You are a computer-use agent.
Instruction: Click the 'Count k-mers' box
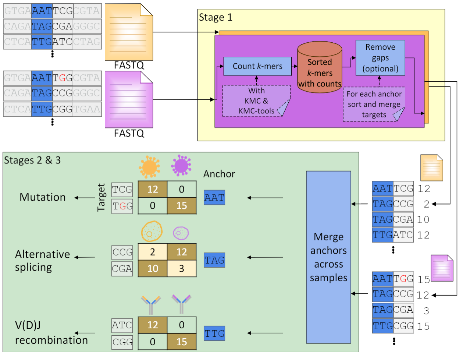point(257,66)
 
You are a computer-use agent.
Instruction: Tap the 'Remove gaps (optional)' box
point(380,58)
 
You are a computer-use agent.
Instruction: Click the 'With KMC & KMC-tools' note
point(256,101)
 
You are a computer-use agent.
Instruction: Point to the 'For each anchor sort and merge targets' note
point(374,104)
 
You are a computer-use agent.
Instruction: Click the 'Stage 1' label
point(216,17)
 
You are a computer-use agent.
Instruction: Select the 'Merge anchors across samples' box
point(328,257)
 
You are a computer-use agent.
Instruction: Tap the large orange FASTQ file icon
point(129,32)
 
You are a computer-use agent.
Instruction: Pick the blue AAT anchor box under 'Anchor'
point(214,198)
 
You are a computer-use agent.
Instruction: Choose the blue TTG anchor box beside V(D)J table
point(214,333)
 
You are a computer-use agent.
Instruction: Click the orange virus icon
point(149,167)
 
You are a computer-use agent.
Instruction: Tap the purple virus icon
point(181,165)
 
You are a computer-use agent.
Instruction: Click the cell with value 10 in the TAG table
point(153,269)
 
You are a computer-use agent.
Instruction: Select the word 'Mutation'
point(43,197)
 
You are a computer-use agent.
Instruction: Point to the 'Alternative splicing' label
point(42,261)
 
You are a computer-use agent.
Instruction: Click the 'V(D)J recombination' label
point(51,333)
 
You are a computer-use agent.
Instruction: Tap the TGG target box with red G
point(122,206)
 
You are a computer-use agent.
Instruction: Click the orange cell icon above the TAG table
point(152,232)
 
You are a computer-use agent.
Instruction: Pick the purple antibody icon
point(181,303)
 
